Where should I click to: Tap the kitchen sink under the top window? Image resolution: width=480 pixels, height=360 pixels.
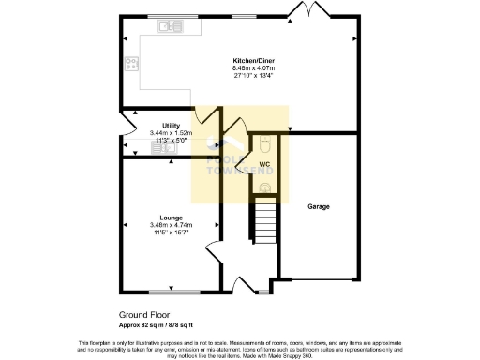[172, 26]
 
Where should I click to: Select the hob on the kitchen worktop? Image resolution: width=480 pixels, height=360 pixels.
[131, 65]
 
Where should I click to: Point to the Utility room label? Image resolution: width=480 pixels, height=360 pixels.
[171, 126]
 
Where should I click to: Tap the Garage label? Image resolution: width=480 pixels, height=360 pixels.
[320, 205]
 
